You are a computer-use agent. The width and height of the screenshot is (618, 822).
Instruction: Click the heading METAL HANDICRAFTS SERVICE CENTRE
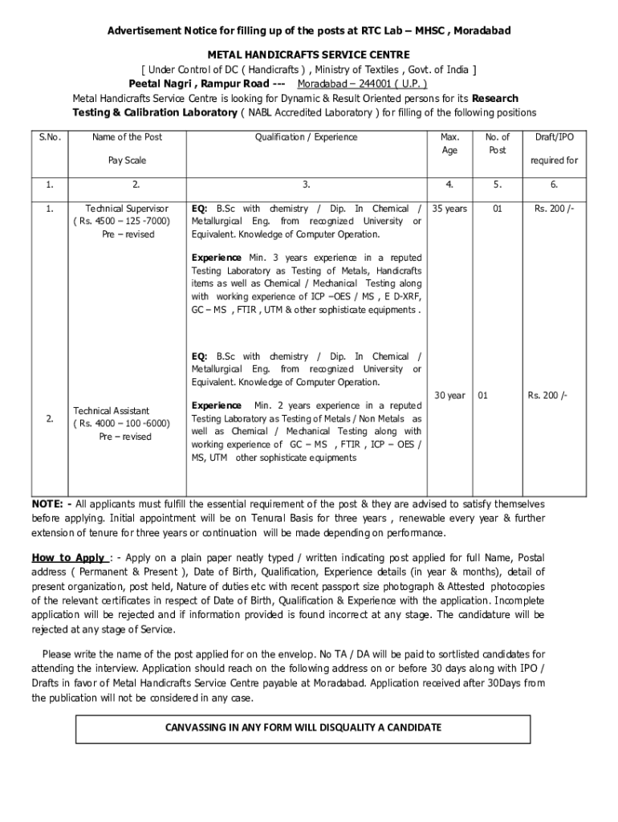click(309, 54)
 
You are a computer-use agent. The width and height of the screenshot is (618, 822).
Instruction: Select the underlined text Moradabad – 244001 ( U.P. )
click(362, 83)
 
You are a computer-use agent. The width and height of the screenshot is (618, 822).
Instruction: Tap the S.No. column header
click(50, 137)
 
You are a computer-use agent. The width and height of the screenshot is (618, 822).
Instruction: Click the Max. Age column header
click(449, 144)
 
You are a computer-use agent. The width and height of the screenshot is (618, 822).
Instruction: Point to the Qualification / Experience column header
click(306, 137)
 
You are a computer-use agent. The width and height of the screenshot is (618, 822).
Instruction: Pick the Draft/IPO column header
click(554, 137)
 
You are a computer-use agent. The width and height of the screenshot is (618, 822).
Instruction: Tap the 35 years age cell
click(449, 209)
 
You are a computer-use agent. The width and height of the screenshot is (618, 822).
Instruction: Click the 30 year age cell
click(449, 396)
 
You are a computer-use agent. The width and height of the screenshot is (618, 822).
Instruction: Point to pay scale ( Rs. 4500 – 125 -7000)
click(121, 222)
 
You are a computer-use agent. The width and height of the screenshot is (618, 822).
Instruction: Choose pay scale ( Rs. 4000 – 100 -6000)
click(121, 424)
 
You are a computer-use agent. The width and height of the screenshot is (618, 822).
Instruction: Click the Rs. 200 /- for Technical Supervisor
click(555, 209)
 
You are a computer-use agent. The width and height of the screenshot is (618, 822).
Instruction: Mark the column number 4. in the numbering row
click(449, 185)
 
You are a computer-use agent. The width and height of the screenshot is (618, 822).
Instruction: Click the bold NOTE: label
click(49, 504)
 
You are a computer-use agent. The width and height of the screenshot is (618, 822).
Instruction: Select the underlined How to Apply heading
click(69, 558)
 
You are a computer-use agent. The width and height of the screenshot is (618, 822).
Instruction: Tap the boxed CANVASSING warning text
click(303, 727)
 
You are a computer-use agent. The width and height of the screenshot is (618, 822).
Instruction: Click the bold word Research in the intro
click(495, 99)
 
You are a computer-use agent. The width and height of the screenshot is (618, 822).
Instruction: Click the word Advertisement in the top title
click(140, 31)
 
